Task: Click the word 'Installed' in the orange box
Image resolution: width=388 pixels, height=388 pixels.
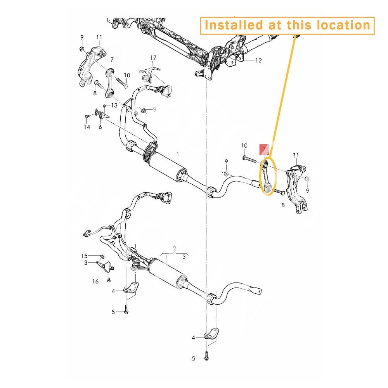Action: click(234, 25)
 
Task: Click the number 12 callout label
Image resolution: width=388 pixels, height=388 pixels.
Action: click(258, 61)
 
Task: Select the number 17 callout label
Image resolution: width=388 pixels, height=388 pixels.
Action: click(153, 58)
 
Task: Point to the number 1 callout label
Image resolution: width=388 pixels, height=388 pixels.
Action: click(178, 154)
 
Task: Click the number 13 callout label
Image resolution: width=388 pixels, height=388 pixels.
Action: click(114, 106)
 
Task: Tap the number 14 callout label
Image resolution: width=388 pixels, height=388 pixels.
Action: click(87, 127)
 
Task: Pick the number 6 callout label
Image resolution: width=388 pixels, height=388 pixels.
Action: click(100, 127)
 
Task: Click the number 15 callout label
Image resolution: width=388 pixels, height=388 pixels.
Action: click(84, 256)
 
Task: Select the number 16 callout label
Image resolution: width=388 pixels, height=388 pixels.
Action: click(95, 281)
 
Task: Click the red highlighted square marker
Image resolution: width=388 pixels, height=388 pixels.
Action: click(264, 149)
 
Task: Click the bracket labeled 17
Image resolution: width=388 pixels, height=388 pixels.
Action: click(149, 73)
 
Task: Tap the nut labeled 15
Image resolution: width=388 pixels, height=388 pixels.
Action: click(102, 256)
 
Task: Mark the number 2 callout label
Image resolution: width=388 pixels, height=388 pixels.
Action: click(175, 248)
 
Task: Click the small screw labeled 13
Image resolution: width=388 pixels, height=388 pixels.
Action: click(104, 106)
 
